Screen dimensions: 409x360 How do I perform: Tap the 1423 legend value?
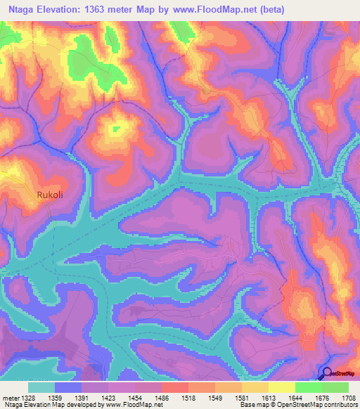[x=108, y=397]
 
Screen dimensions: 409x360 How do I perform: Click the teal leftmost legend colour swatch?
[x=41, y=387]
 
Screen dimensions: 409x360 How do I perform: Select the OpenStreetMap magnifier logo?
[x=326, y=375]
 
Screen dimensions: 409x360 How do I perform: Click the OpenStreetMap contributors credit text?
[x=316, y=405]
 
